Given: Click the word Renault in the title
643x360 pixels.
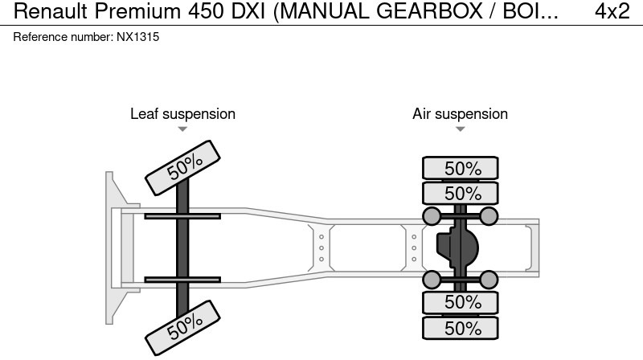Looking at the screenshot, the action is click(51, 11).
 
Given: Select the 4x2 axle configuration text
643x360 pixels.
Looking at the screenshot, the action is click(612, 11).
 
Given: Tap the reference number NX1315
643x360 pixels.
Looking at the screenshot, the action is click(137, 37).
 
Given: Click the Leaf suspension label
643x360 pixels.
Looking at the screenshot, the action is click(183, 114).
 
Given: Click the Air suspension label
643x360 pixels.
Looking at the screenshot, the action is click(460, 114).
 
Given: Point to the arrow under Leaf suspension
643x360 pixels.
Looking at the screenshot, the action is click(182, 129).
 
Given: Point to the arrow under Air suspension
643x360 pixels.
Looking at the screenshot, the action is click(460, 129).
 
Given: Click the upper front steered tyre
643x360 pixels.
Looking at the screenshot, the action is click(183, 168).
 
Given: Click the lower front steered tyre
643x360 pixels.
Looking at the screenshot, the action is click(183, 328).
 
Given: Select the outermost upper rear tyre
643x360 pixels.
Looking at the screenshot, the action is click(461, 168).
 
